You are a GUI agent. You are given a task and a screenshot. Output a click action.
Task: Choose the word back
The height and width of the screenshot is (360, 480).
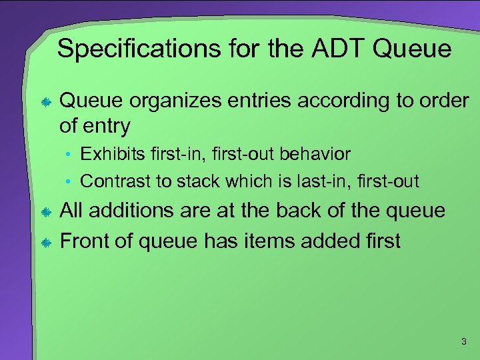(298, 211)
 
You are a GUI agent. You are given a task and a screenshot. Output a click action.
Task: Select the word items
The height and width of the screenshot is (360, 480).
(271, 240)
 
